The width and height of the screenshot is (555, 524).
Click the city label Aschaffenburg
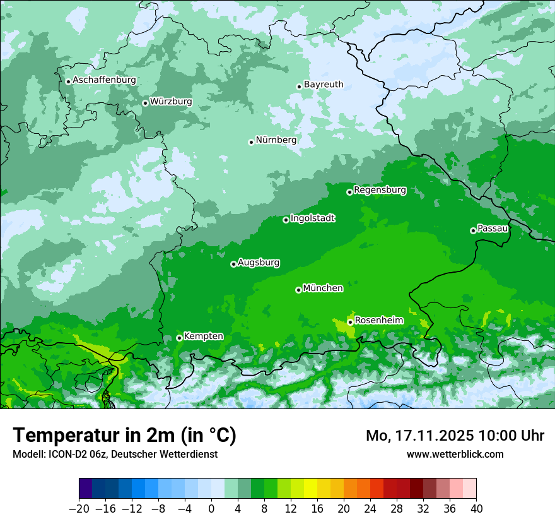104,80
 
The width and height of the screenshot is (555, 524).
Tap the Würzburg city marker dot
145,103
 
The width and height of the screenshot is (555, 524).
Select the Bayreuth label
324,84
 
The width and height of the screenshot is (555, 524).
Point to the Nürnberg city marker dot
251,142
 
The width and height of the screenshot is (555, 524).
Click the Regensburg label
380,189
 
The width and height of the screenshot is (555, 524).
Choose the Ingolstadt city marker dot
286,220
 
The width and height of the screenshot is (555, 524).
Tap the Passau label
493,228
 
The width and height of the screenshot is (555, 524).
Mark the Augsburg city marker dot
233,264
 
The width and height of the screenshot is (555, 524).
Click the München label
323,288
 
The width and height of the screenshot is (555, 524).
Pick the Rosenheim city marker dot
350,322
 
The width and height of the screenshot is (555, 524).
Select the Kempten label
203,336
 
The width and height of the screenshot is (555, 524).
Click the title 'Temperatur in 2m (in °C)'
124,436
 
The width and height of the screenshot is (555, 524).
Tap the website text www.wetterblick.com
455,454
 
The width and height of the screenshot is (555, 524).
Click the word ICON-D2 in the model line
65,454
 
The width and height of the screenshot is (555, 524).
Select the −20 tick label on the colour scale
79,508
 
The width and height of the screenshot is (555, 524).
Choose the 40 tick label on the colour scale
476,508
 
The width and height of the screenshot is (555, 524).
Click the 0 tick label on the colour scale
211,508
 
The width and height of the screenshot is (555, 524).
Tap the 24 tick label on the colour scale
370,508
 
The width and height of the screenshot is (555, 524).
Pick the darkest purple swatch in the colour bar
86,489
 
